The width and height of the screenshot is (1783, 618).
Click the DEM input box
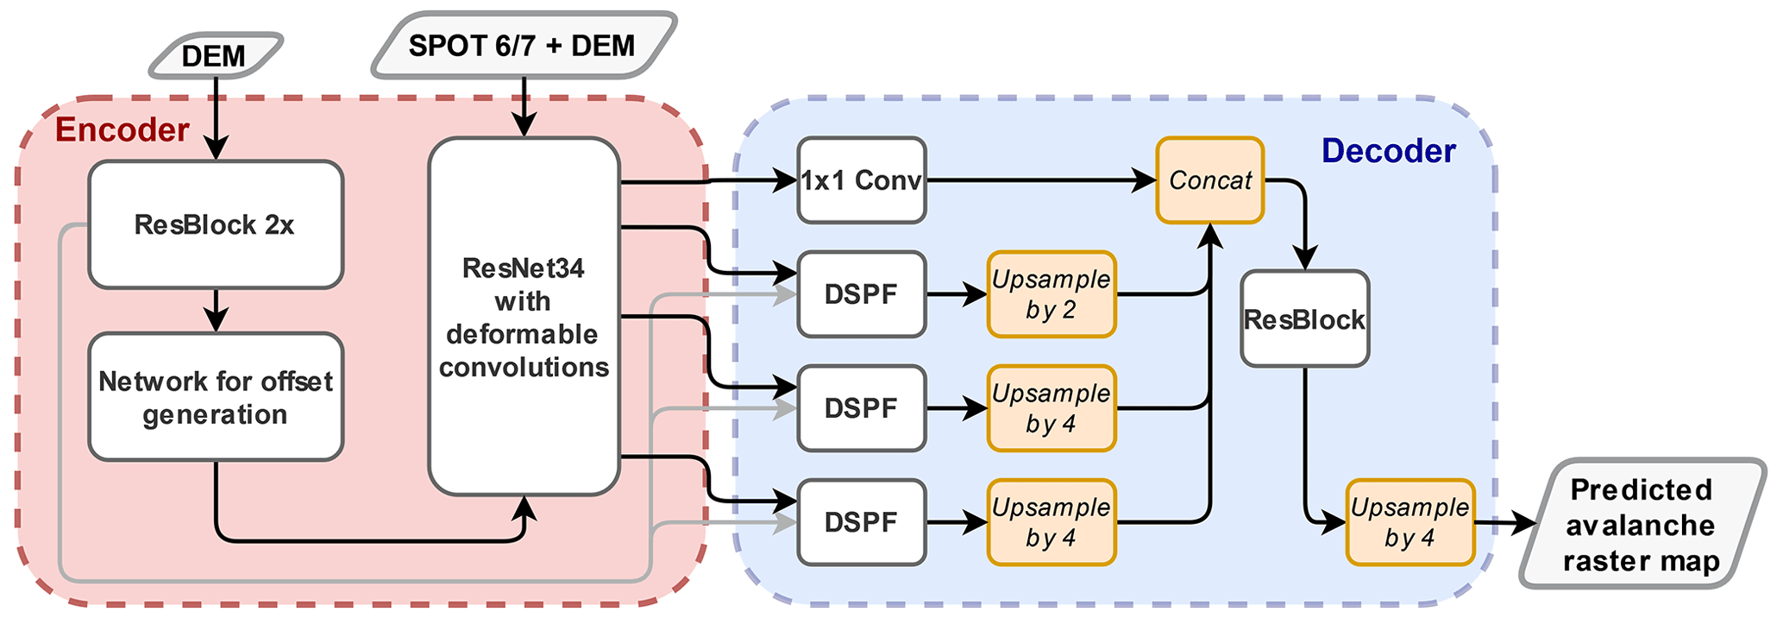(215, 56)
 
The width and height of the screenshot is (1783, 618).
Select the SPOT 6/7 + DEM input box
(522, 46)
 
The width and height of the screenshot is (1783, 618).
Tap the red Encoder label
(122, 130)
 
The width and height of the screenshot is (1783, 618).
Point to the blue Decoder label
(1388, 151)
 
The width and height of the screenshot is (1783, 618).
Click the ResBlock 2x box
(216, 224)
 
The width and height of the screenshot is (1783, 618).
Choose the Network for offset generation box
(216, 397)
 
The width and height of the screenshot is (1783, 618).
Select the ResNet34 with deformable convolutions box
(524, 316)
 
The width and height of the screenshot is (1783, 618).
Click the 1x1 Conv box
(861, 180)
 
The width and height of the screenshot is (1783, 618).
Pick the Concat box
(1209, 180)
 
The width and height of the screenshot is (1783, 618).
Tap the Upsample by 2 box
(1051, 294)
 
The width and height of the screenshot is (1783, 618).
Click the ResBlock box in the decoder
(1304, 319)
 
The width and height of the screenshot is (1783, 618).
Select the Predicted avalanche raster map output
(1641, 524)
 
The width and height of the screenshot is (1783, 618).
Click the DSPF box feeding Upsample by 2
(861, 294)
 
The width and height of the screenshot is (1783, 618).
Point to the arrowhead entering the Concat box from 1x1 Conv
(1145, 180)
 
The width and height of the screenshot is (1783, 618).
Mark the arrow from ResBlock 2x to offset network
(216, 311)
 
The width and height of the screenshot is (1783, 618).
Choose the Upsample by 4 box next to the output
(1409, 522)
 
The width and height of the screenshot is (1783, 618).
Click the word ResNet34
(523, 268)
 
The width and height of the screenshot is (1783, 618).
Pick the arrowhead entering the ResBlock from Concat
(1305, 258)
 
